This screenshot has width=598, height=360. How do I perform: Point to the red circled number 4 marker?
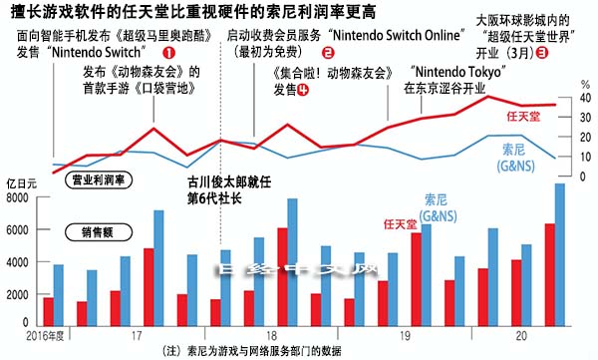302,89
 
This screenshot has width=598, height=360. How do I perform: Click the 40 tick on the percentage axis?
558,100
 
